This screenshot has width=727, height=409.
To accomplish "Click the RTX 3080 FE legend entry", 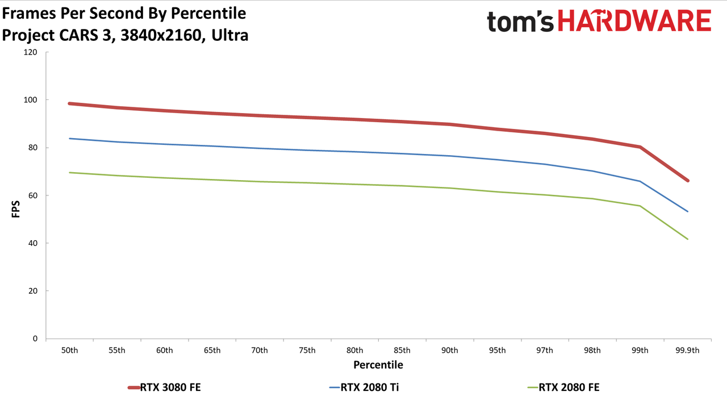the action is click(165, 387).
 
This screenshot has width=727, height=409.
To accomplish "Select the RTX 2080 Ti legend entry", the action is click(364, 387).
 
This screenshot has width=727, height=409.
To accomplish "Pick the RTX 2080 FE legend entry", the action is click(563, 387).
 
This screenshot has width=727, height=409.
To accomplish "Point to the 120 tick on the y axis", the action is click(31, 52).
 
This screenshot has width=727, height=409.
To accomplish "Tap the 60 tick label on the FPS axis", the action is click(33, 195).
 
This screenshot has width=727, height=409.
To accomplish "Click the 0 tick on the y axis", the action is click(35, 339).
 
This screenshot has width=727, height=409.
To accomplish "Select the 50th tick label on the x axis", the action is click(69, 350).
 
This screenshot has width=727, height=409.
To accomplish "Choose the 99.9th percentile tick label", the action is click(687, 350).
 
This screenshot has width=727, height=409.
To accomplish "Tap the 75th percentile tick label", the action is click(307, 350).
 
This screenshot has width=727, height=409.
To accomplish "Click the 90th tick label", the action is click(449, 350).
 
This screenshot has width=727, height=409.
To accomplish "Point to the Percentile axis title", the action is click(378, 365).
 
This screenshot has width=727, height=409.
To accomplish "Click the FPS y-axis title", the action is click(15, 209).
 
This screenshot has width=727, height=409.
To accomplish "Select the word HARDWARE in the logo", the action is click(634, 20).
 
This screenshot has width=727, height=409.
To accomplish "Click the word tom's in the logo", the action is click(520, 21).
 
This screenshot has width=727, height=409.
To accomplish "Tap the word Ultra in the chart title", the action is click(230, 35).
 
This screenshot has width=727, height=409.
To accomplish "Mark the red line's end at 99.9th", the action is click(687, 181).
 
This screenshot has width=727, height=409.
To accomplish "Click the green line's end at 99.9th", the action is click(687, 239).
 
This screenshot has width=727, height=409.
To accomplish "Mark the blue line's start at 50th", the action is click(69, 139).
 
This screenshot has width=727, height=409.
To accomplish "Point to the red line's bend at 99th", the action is click(640, 147).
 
